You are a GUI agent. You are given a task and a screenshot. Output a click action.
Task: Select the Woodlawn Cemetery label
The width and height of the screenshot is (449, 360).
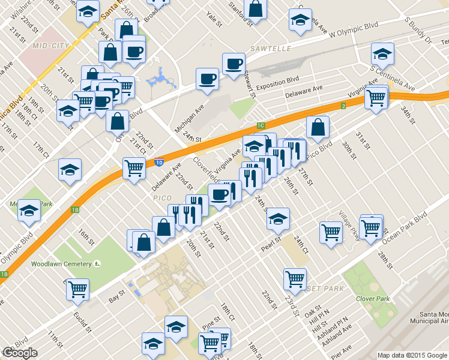[61, 263]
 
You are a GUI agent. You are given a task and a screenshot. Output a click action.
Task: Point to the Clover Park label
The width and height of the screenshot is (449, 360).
[373, 299]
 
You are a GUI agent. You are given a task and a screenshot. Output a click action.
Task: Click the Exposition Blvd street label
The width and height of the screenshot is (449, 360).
[276, 79]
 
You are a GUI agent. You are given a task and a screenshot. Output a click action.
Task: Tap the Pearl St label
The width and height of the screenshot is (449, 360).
[270, 246]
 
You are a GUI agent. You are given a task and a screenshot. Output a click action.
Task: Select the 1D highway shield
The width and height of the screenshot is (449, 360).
[158, 162]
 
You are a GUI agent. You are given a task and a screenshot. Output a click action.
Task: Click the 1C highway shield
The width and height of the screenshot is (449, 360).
[260, 125]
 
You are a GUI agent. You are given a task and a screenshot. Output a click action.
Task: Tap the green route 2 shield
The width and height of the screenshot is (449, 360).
[343, 106]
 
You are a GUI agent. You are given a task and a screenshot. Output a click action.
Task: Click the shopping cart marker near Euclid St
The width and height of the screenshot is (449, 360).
[78, 289]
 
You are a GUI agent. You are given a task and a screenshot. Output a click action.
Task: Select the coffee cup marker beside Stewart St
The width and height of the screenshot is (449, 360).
[234, 63]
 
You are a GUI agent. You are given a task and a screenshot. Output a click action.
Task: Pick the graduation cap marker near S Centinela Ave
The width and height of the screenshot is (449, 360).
[382, 55]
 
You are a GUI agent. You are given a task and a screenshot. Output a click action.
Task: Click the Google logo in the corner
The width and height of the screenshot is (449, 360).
[20, 353]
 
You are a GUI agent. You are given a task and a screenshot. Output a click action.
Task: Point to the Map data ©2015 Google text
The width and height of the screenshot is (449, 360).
[412, 355]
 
